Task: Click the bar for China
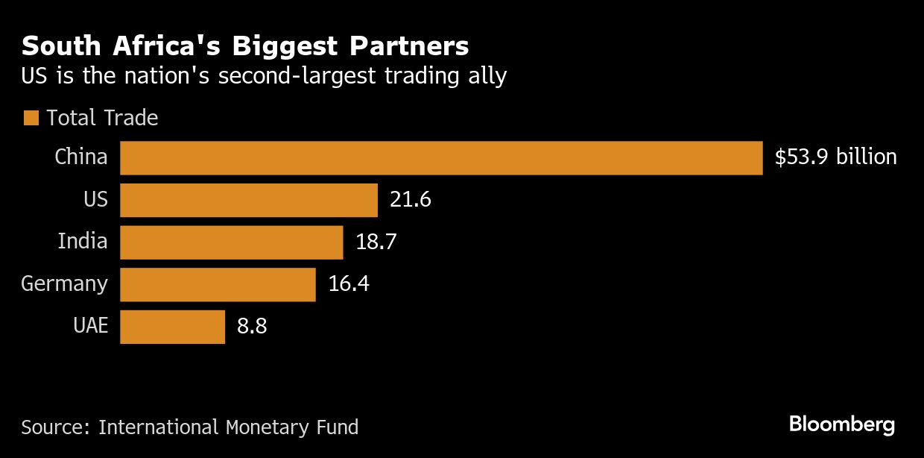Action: [441, 158]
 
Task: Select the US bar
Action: [249, 200]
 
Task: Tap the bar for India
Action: [231, 242]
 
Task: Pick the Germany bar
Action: [218, 284]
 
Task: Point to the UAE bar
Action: [172, 327]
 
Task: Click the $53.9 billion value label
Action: [835, 157]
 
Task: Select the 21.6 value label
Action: [411, 200]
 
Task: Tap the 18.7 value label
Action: [376, 242]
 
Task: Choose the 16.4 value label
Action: [349, 284]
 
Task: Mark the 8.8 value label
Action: [252, 327]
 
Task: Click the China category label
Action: [81, 157]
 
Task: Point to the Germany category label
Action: [64, 284]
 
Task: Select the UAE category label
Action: [91, 327]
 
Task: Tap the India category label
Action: [83, 242]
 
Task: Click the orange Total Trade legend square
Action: [31, 118]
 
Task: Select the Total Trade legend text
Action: [102, 118]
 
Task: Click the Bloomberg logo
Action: [841, 425]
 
